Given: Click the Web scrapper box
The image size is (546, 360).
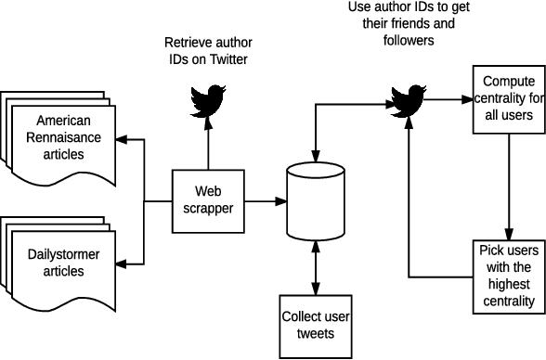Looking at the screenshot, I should pos(207,200).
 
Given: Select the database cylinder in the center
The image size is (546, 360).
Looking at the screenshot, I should pos(316,200).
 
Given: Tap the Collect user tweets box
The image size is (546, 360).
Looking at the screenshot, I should pos(316,326).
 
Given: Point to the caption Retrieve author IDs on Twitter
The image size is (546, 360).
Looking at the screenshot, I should pos(207,52).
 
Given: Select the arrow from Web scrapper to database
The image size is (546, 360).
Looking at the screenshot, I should pos(265,200).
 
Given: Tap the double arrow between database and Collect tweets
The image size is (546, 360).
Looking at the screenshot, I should pos(316,266).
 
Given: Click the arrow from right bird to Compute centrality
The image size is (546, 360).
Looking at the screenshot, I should pos(450,97).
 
